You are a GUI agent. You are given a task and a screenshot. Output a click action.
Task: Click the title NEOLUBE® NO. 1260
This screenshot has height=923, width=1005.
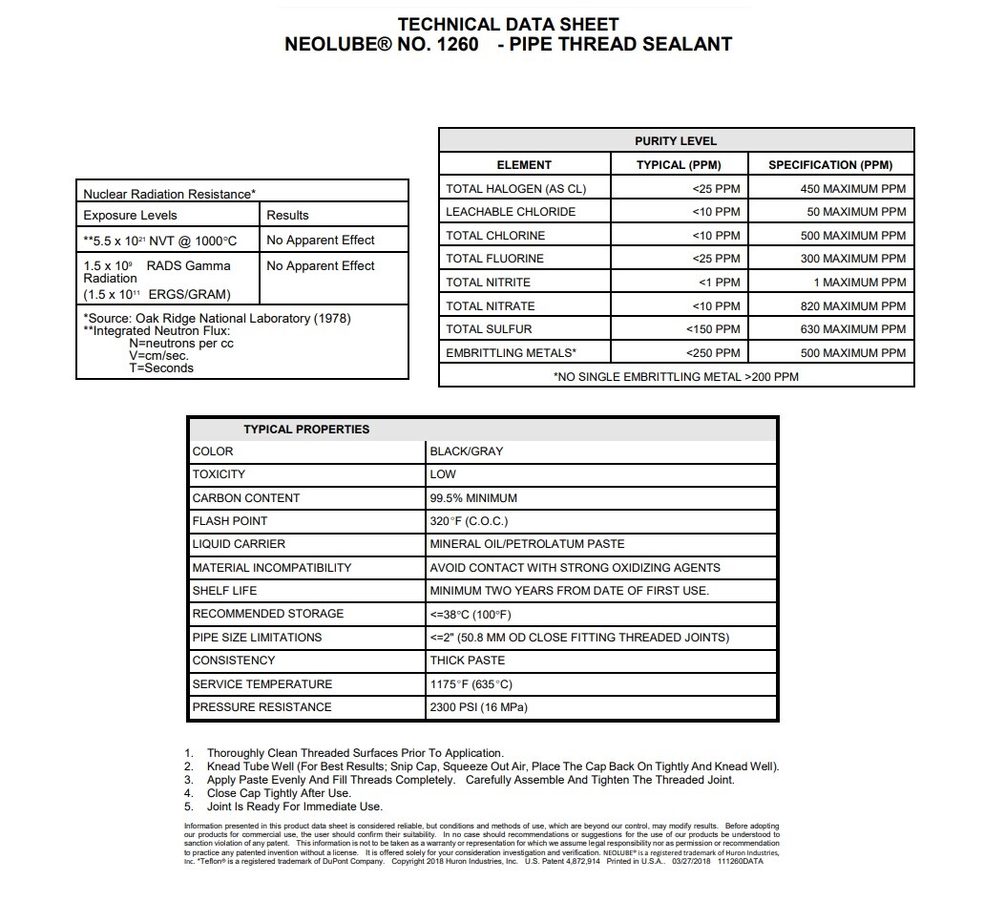pyautogui.click(x=382, y=44)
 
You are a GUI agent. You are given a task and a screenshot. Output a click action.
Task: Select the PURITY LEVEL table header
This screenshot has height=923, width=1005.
pyautogui.click(x=675, y=140)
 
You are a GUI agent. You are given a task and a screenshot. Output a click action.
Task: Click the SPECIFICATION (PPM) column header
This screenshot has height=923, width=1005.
pyautogui.click(x=829, y=164)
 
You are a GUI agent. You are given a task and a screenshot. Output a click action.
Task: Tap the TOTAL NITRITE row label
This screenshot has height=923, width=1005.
pyautogui.click(x=488, y=283)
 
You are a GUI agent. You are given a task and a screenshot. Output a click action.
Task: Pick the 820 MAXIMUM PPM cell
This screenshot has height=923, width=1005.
pyautogui.click(x=853, y=306)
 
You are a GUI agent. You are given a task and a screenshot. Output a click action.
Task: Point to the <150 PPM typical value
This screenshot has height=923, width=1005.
pyautogui.click(x=713, y=329)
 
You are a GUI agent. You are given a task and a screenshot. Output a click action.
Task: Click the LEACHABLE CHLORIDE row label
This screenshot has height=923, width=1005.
pyautogui.click(x=511, y=212)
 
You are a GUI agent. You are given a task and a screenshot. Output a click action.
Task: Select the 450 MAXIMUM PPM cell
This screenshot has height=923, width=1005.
pyautogui.click(x=853, y=188)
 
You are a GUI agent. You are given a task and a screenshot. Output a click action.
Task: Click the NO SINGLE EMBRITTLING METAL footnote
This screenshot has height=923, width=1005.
pyautogui.click(x=676, y=376)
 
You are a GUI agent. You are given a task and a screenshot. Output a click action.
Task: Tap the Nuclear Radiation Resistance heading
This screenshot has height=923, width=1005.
pyautogui.click(x=169, y=194)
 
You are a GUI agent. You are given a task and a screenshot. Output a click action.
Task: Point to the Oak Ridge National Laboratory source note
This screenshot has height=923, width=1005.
pyautogui.click(x=217, y=318)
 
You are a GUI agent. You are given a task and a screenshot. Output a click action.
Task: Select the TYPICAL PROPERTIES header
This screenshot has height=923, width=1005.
pyautogui.click(x=305, y=429)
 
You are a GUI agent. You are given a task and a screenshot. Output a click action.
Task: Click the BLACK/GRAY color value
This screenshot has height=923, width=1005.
pyautogui.click(x=467, y=451)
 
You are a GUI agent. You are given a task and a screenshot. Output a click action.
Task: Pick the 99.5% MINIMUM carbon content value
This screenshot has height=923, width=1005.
pyautogui.click(x=473, y=497)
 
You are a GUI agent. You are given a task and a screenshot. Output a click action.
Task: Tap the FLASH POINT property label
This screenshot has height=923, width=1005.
pyautogui.click(x=230, y=521)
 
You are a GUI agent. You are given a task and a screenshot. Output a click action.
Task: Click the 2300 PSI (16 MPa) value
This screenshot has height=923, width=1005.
pyautogui.click(x=478, y=707)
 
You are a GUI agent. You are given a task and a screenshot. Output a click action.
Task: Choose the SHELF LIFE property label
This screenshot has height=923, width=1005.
pyautogui.click(x=224, y=591)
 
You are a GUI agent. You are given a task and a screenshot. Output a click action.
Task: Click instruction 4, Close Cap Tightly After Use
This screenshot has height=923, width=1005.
pyautogui.click(x=279, y=793)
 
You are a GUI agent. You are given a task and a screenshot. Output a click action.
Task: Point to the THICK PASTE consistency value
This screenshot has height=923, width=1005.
pyautogui.click(x=468, y=661)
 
